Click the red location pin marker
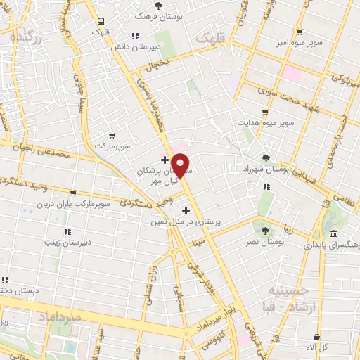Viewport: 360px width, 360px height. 181,166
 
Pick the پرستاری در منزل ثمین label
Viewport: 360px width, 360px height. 186,221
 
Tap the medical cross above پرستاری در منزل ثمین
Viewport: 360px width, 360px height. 186,210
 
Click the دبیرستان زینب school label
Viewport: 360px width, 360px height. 67,243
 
